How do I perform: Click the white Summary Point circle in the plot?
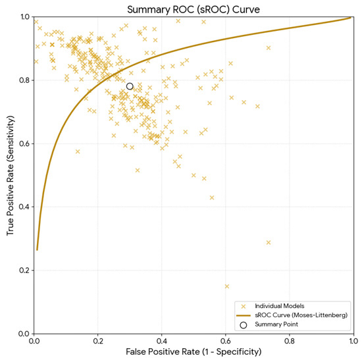(x=130, y=86)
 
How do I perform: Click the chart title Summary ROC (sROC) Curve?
(x=194, y=10)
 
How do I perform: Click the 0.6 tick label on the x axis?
(x=226, y=341)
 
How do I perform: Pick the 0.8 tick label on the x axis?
(x=290, y=341)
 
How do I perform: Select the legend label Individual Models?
(x=280, y=306)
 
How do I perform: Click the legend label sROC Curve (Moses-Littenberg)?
(x=301, y=315)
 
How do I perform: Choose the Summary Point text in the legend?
(x=276, y=324)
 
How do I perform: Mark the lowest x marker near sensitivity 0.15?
(x=227, y=286)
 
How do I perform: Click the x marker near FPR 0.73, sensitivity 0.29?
(x=269, y=242)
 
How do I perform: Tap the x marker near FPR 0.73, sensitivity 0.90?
(x=269, y=48)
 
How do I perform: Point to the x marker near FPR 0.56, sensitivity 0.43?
(x=212, y=197)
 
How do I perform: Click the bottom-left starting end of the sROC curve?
(x=37, y=250)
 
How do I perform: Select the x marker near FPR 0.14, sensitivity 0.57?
(x=78, y=151)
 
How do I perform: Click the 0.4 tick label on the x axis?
(x=162, y=341)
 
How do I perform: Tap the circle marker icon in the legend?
(x=244, y=325)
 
